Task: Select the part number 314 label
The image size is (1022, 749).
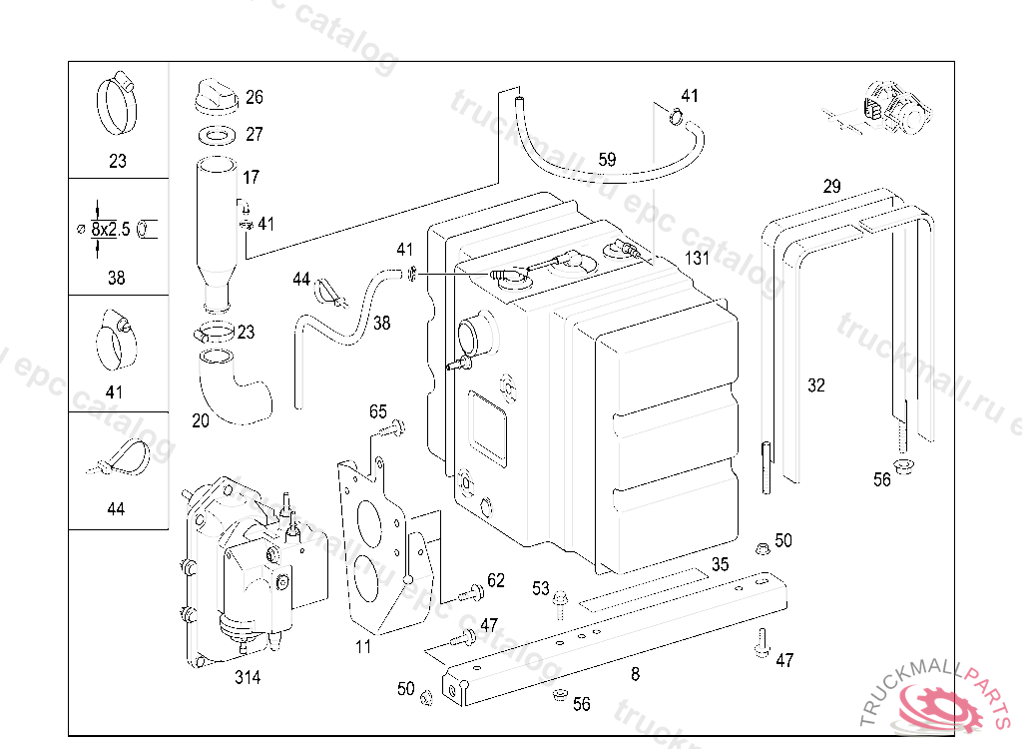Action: [248, 678]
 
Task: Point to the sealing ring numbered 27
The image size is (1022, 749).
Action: [217, 134]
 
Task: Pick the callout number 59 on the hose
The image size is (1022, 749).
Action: [607, 159]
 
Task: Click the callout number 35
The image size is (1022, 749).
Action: [720, 563]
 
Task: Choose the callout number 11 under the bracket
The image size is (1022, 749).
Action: [363, 646]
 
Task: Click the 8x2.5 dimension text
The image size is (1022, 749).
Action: [111, 229]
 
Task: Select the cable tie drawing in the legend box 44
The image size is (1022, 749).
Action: [121, 459]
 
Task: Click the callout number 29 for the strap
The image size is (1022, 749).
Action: [831, 186]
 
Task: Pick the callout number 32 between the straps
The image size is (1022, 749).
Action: [816, 385]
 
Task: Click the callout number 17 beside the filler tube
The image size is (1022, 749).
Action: [251, 177]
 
